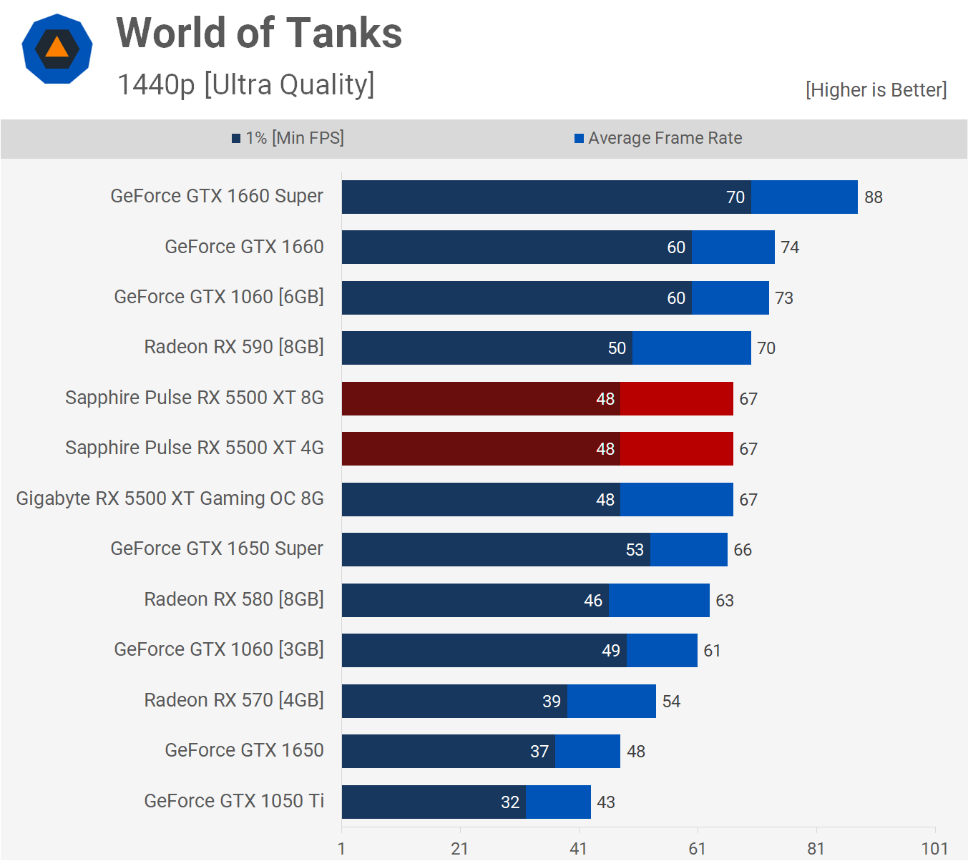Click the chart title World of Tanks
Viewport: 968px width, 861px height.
(259, 34)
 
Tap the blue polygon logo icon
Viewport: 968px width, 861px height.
(57, 49)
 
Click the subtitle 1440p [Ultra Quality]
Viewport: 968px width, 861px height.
(245, 84)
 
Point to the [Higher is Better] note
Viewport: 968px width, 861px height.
(876, 90)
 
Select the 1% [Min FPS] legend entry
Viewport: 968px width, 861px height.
(288, 138)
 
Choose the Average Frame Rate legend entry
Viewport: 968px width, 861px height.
(658, 138)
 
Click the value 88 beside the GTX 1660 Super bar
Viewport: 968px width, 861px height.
(873, 197)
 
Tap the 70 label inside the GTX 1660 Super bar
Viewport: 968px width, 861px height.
(735, 197)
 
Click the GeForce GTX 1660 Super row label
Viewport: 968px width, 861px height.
(217, 196)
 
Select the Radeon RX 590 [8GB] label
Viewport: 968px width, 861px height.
(234, 347)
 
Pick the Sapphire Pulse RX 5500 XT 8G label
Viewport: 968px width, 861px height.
(195, 398)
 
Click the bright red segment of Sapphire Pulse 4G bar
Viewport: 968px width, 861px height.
(676, 448)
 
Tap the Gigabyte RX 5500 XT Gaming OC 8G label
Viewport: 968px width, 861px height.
(170, 498)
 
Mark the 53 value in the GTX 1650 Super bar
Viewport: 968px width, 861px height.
(635, 550)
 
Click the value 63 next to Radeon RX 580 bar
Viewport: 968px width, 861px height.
(725, 601)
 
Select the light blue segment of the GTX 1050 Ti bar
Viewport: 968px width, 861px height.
(558, 802)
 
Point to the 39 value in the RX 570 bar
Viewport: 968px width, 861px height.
(552, 702)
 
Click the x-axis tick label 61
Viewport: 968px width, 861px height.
(697, 849)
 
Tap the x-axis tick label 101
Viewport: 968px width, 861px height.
(934, 849)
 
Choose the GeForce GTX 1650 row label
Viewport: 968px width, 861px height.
(244, 750)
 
